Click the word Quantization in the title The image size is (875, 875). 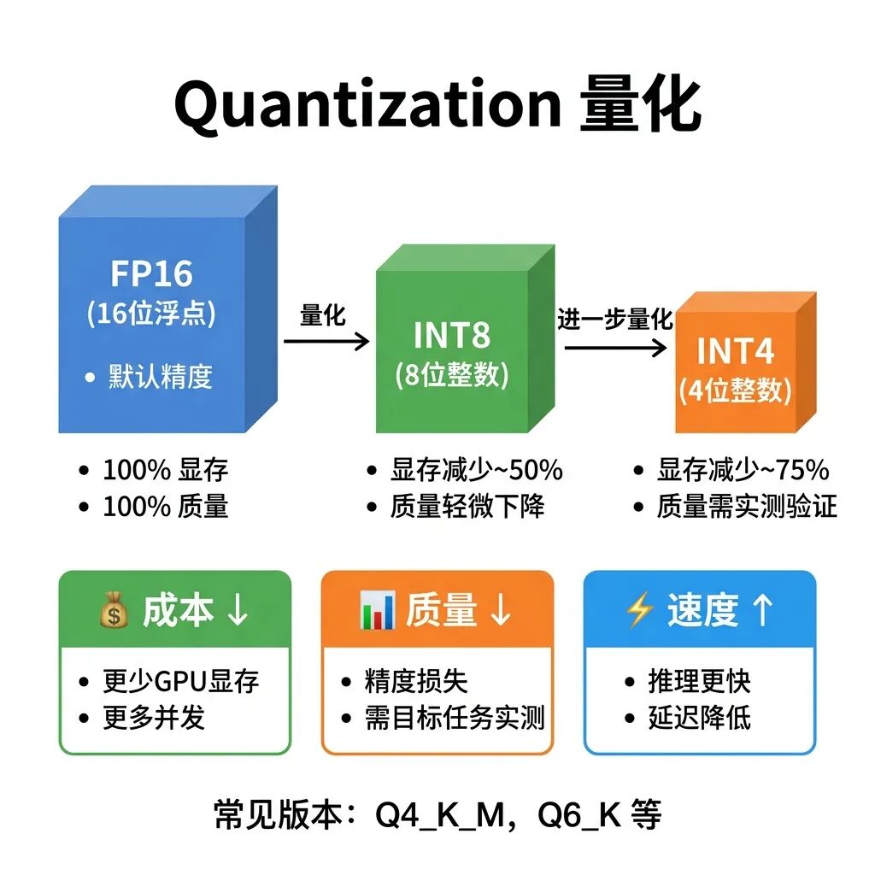[367, 105]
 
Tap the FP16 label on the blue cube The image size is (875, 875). [151, 273]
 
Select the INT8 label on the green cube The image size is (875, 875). [452, 335]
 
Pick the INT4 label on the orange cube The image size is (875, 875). [736, 351]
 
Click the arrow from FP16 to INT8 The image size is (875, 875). [326, 341]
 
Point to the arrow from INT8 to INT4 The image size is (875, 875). [614, 347]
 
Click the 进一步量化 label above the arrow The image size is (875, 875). [615, 320]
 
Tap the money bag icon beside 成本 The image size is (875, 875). [114, 611]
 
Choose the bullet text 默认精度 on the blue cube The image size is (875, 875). [160, 376]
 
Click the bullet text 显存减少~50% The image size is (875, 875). [477, 470]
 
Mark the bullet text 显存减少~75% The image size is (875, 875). [743, 470]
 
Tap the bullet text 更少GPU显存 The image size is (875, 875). [180, 681]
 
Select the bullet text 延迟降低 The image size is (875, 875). [699, 717]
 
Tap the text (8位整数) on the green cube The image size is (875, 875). [452, 375]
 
